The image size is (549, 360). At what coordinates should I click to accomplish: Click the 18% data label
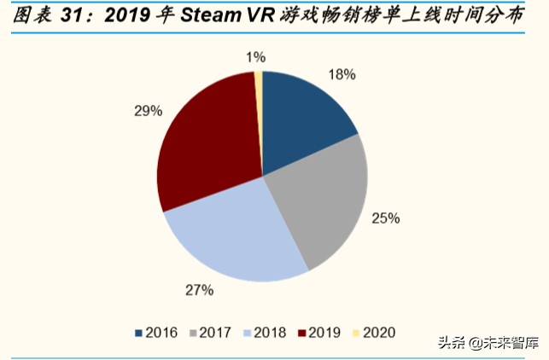[342, 75]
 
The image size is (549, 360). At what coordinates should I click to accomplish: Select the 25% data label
[386, 218]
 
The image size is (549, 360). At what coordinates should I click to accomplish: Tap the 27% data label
[198, 290]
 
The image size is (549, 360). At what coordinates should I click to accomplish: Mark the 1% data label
[255, 57]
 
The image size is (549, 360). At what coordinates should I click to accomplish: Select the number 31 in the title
[74, 15]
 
